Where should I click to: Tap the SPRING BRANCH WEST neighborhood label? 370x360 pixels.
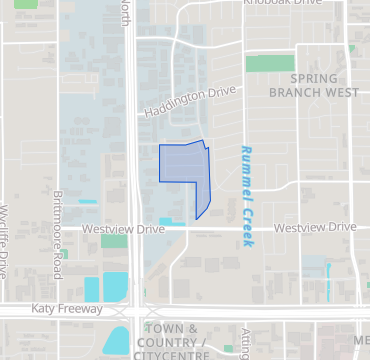311,85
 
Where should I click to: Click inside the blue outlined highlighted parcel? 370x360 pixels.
183,165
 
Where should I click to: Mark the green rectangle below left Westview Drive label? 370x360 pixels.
114,241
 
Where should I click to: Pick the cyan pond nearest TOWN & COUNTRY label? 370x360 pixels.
117,340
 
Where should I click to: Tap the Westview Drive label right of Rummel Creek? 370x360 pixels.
315,228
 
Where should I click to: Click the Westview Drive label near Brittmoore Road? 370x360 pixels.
123,229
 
